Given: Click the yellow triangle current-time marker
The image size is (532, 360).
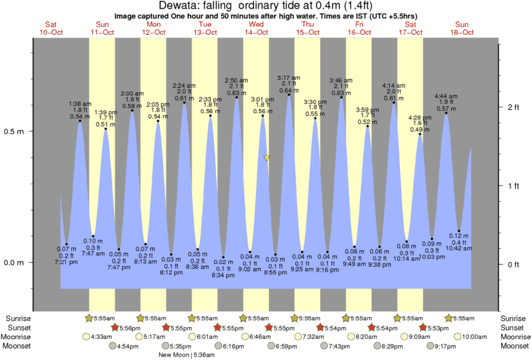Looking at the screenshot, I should (267, 158).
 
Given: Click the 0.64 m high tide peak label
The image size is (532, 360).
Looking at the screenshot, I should (289, 91).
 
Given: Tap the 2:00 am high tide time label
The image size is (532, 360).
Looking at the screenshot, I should (132, 93).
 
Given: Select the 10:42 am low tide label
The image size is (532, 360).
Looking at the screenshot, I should (460, 248).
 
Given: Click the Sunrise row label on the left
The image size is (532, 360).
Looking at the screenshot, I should (18, 318).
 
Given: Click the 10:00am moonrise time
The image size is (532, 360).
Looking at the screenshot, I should (474, 337).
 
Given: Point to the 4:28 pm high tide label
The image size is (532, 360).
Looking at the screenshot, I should (420, 119).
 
